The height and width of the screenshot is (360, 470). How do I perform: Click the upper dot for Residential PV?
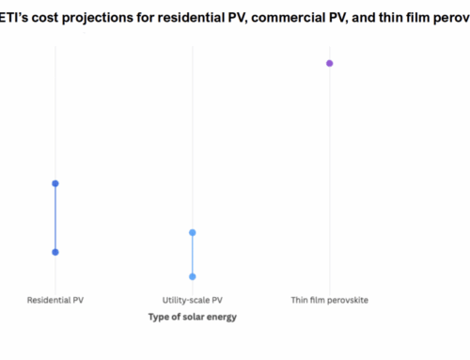coord(55,183)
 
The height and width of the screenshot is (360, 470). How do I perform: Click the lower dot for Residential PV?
coord(55,252)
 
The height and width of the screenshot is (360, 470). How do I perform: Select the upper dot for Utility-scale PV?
coord(193,232)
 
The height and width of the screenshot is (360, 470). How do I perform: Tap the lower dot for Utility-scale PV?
coord(193,276)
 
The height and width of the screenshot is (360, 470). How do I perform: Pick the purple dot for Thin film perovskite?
coord(330,63)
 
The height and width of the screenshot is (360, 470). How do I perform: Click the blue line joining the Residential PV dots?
coord(55,217)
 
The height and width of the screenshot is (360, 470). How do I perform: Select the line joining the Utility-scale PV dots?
coord(193,254)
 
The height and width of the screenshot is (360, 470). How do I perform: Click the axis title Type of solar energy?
coord(193,317)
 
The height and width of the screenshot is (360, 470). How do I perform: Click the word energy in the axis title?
coord(223,317)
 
